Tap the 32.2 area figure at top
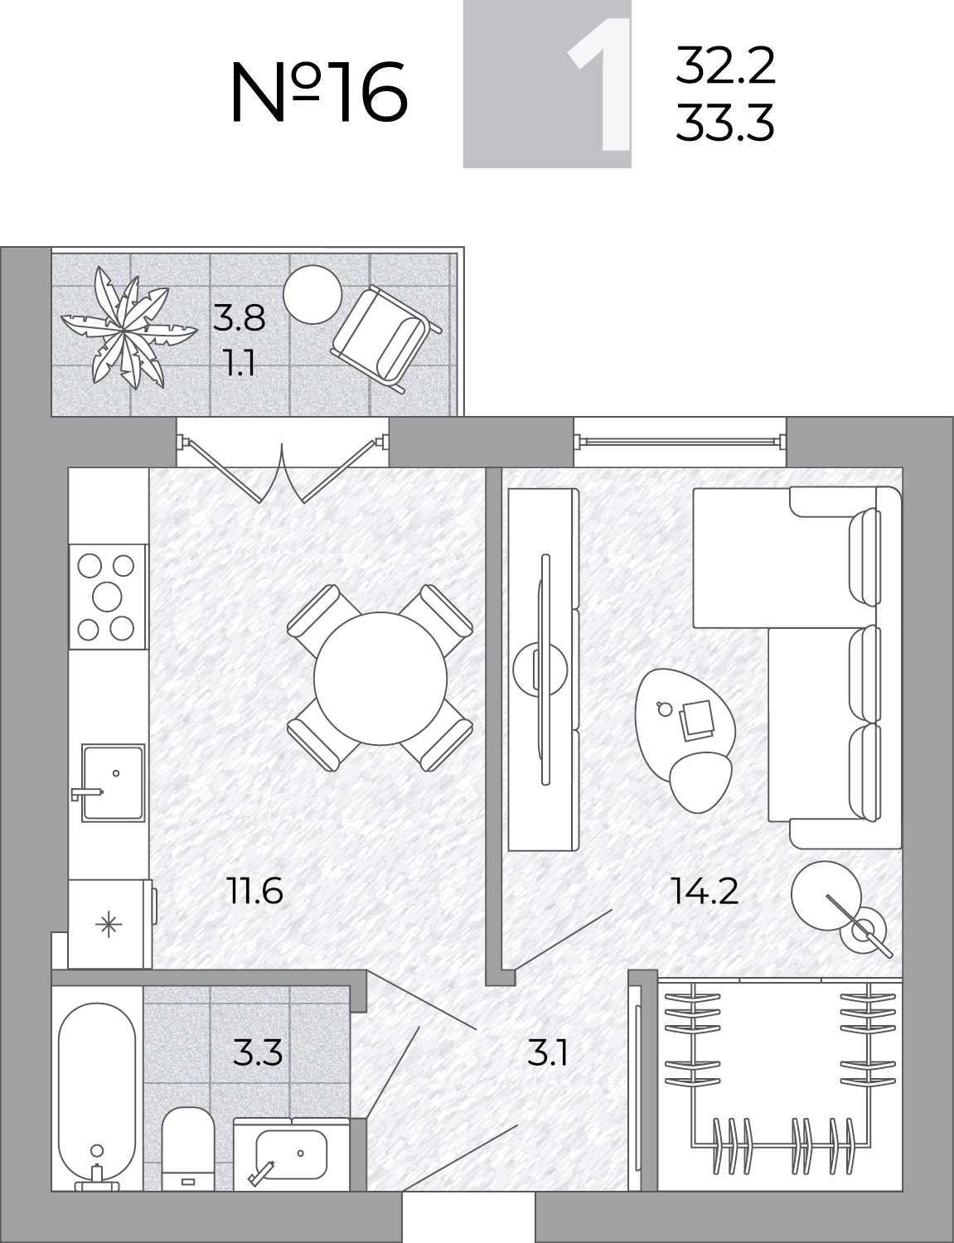pyautogui.click(x=725, y=65)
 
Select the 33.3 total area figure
pyautogui.click(x=725, y=122)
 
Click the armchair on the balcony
pyautogui.click(x=386, y=339)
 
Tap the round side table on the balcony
pyautogui.click(x=312, y=295)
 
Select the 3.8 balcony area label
pyautogui.click(x=239, y=318)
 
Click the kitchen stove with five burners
pyautogui.click(x=107, y=597)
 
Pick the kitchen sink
pyautogui.click(x=112, y=783)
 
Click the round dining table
pyautogui.click(x=380, y=678)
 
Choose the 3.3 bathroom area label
pyautogui.click(x=258, y=1053)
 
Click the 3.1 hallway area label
pyautogui.click(x=547, y=1053)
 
